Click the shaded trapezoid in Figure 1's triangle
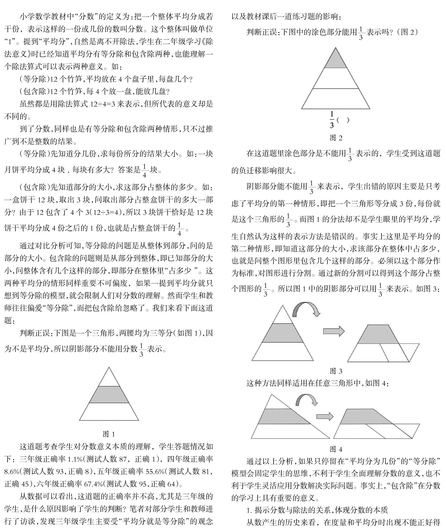109,395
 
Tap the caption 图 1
109,434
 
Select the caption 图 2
336,138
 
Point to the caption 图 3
336,371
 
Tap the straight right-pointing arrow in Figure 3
334,331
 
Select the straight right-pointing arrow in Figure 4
325,416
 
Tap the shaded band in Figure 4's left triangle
281,416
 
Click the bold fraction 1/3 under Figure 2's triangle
332,120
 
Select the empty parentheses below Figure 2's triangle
343,120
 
